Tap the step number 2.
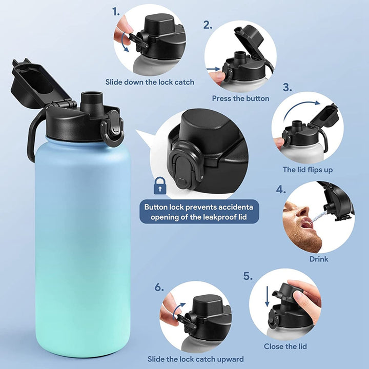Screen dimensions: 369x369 click(208, 25)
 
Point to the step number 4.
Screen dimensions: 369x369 click(281, 189)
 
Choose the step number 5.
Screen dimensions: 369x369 click(248, 276)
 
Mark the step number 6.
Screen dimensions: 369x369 click(159, 287)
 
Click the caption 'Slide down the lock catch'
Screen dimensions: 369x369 click(150, 82)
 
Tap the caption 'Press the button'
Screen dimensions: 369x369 click(240, 98)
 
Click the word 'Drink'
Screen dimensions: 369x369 click(318, 259)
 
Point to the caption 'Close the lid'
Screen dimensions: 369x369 click(285, 346)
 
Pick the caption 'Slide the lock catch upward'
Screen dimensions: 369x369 click(196, 359)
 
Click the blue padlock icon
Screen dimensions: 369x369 click(160, 185)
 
